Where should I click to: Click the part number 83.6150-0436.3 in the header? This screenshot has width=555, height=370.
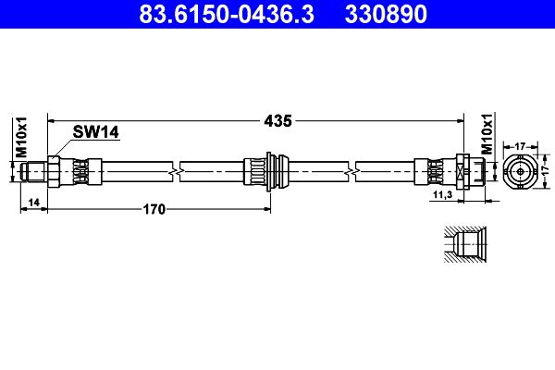[227, 14]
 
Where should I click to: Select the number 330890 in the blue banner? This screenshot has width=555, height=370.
[386, 14]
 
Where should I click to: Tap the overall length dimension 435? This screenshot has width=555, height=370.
[278, 121]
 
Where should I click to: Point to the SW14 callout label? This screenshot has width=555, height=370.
[95, 132]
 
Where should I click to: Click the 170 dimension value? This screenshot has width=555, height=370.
[154, 209]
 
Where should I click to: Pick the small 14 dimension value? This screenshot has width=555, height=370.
[33, 203]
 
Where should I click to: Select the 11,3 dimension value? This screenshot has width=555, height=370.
[443, 194]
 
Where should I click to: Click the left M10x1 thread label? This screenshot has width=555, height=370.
[21, 137]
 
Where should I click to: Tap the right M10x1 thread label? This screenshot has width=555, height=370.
[487, 134]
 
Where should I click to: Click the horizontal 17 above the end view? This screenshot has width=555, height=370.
[520, 146]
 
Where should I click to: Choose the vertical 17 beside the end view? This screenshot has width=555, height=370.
[546, 171]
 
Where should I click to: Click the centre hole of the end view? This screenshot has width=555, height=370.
[520, 172]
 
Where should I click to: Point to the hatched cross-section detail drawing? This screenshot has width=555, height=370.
[465, 244]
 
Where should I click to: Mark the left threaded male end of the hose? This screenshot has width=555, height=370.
[33, 172]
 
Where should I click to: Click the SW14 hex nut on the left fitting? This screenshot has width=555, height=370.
[54, 172]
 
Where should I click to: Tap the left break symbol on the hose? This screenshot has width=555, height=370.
[177, 172]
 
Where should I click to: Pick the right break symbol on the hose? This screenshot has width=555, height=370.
[351, 172]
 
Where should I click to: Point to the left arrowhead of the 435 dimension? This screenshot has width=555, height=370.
[51, 121]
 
